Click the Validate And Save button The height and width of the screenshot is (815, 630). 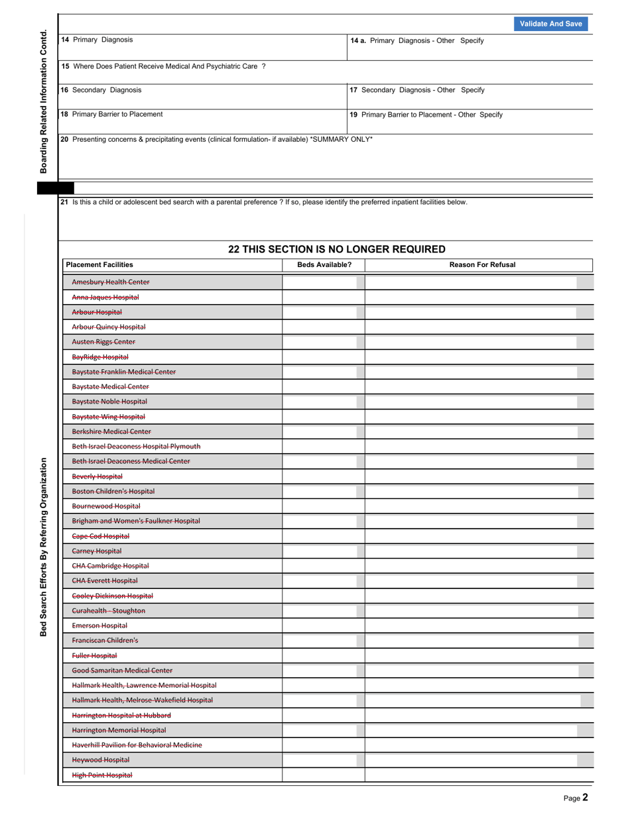click(550, 24)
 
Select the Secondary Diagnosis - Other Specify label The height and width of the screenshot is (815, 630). click(417, 90)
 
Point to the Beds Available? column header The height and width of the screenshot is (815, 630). click(324, 265)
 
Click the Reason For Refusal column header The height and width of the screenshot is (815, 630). click(482, 265)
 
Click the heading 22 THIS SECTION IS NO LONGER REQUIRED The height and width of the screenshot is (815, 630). click(336, 250)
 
